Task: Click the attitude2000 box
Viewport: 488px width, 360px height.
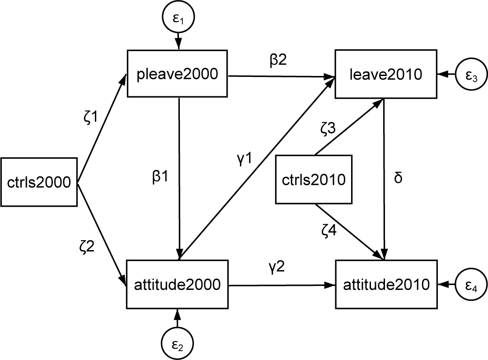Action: [178, 284]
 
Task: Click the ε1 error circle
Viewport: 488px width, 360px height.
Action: [178, 20]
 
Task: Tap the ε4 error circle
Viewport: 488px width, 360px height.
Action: [469, 285]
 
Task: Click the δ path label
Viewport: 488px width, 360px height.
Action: [398, 178]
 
